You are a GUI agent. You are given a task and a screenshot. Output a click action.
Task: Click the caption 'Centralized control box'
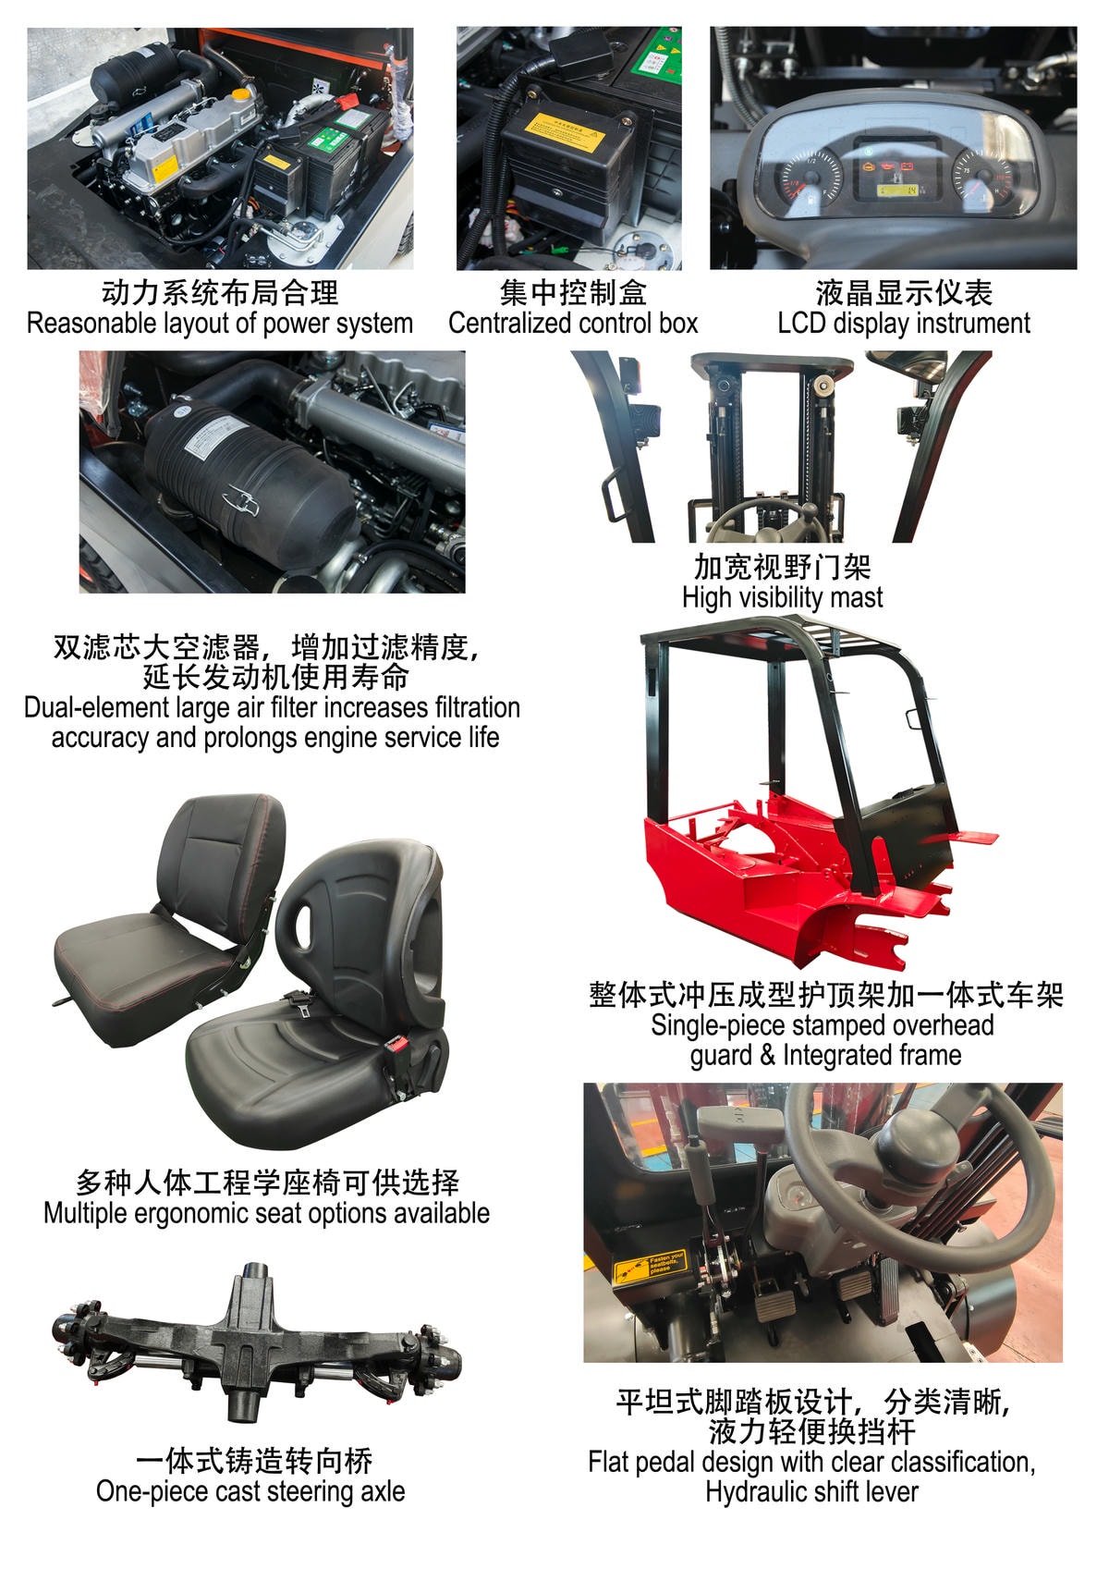[573, 324]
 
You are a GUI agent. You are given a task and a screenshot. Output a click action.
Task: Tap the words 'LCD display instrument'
[903, 324]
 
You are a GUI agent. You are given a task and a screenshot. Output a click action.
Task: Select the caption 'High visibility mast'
[782, 597]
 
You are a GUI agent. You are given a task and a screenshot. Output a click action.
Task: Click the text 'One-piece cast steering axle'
[250, 1491]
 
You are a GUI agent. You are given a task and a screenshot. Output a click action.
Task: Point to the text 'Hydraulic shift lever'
[811, 1491]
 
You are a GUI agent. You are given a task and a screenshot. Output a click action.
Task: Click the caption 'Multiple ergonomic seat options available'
[266, 1213]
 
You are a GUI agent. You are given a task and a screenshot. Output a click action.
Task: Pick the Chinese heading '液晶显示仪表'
[903, 293]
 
